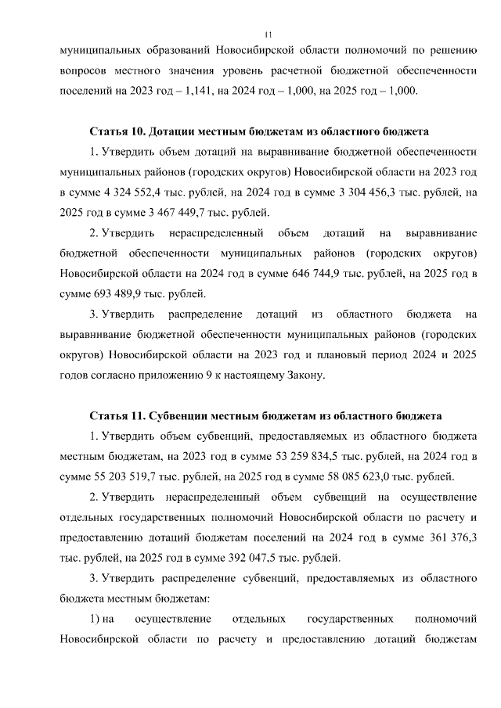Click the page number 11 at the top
click(268, 34)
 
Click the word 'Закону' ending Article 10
click(301, 376)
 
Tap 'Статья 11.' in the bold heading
click(117, 416)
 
